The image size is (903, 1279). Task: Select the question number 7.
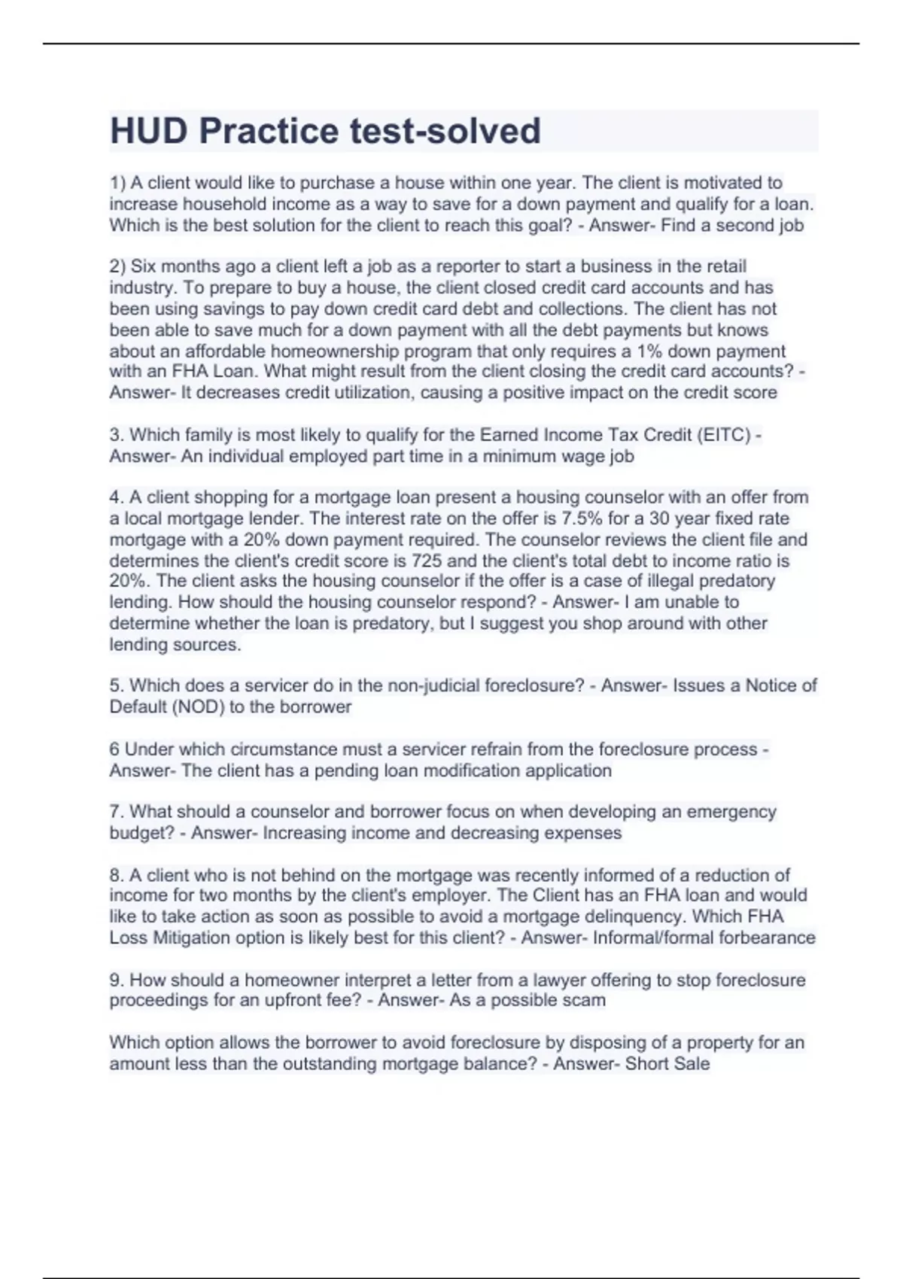point(117,812)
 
